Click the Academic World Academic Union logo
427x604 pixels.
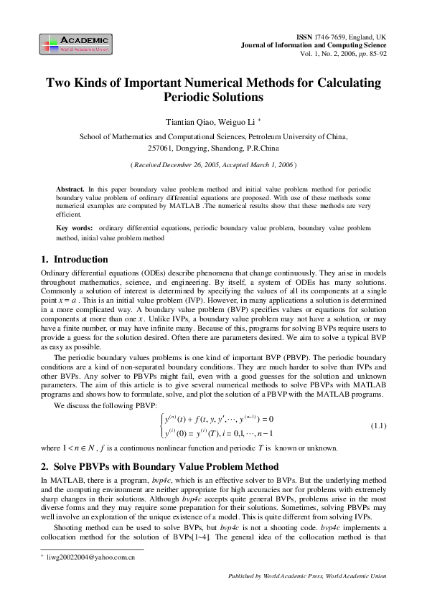point(75,44)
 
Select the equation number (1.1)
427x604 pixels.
point(378,426)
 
